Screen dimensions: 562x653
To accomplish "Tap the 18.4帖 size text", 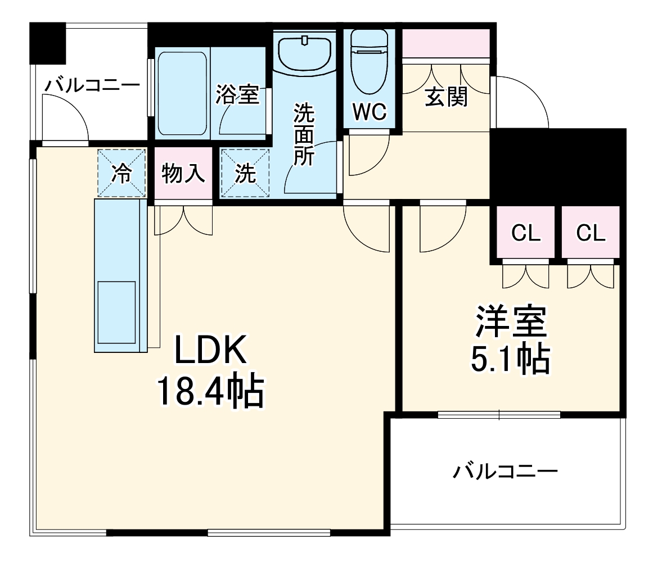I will [210, 392].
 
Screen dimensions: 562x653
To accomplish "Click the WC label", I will [370, 112].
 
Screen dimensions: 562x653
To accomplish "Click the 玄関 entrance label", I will [445, 98].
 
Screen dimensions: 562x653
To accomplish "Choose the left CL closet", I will [525, 232].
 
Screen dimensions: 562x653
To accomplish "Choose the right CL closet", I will [591, 232].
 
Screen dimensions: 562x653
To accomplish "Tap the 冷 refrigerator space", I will [121, 174].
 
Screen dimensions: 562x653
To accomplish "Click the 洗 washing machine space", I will [245, 174].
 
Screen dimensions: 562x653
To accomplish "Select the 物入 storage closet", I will [183, 174].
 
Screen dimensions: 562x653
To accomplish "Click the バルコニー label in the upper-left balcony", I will [93, 85].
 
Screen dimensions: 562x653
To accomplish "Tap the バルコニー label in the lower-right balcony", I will [505, 471].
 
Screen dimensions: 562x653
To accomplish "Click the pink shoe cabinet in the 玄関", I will [445, 43].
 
